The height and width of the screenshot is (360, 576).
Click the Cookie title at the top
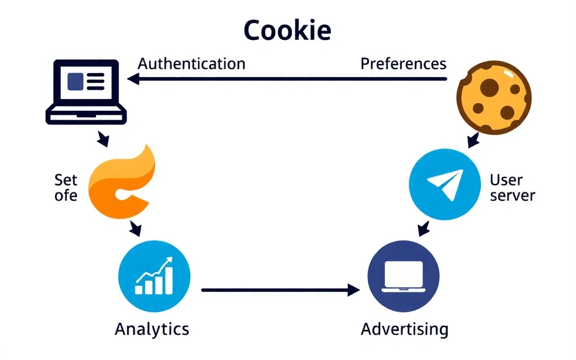coord(287,31)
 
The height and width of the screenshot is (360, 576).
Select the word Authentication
coord(191,63)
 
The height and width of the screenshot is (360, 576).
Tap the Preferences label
coord(403,64)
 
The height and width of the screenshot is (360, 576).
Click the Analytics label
coord(152,328)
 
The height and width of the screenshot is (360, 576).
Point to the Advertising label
coord(404,328)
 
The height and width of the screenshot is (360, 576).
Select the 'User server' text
coord(512,188)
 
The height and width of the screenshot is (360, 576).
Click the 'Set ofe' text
coord(66,188)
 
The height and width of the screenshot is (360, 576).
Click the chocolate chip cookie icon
coord(493,99)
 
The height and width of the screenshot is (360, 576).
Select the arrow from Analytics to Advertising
coord(280,290)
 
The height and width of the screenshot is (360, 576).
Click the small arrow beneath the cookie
coord(471,139)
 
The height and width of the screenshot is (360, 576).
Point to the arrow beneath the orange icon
coord(135,228)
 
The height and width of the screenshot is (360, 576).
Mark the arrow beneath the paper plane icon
coord(424,228)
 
